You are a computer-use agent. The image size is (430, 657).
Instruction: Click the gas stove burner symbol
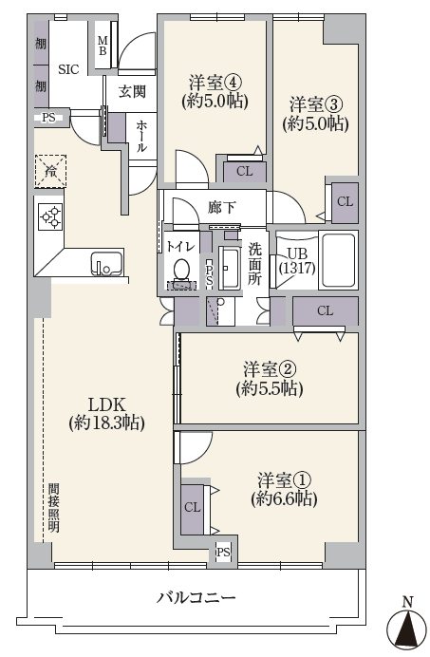(x=50, y=216)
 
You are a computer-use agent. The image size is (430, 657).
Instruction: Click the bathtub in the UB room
(x=338, y=260)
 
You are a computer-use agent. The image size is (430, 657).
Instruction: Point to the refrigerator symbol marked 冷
(x=50, y=171)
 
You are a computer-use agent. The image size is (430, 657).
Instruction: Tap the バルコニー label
(x=196, y=597)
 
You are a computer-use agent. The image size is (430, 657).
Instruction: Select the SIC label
(x=68, y=69)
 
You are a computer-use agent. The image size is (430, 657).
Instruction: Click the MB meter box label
(x=103, y=46)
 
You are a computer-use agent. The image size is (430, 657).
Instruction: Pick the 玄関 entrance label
(x=132, y=91)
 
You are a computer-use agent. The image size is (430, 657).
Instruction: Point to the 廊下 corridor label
(x=222, y=207)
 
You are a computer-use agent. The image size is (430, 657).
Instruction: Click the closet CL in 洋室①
(x=193, y=508)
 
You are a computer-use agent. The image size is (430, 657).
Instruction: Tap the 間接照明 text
(x=54, y=507)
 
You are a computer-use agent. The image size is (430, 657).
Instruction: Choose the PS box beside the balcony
(x=223, y=553)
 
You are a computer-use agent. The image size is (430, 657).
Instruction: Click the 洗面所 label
(x=254, y=264)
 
